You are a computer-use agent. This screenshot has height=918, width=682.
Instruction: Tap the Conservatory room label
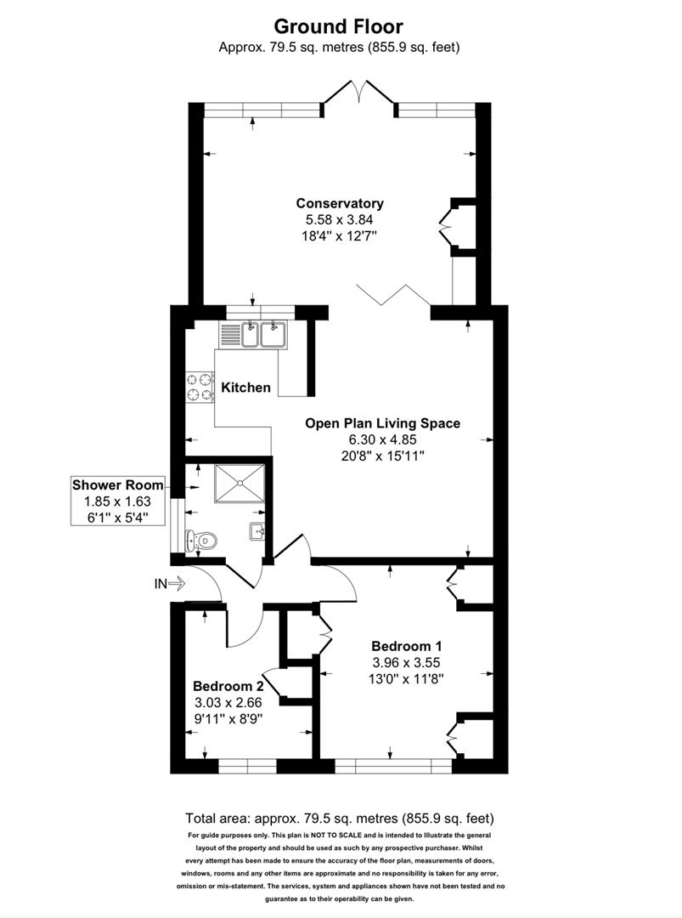click(x=340, y=203)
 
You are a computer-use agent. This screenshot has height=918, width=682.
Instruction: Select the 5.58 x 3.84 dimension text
click(x=340, y=218)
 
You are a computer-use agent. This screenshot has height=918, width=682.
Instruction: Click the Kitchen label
click(x=246, y=388)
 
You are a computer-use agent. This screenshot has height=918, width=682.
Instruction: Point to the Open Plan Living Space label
click(x=382, y=423)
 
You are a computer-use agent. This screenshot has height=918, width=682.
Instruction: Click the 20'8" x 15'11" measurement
click(x=382, y=456)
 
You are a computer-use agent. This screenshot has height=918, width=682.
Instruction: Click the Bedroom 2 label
click(x=228, y=686)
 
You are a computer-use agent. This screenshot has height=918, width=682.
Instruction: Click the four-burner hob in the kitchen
click(x=199, y=387)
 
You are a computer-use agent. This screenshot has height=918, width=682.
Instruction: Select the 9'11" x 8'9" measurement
click(x=228, y=717)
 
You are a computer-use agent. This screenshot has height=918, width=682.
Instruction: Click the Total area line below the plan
click(x=340, y=819)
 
